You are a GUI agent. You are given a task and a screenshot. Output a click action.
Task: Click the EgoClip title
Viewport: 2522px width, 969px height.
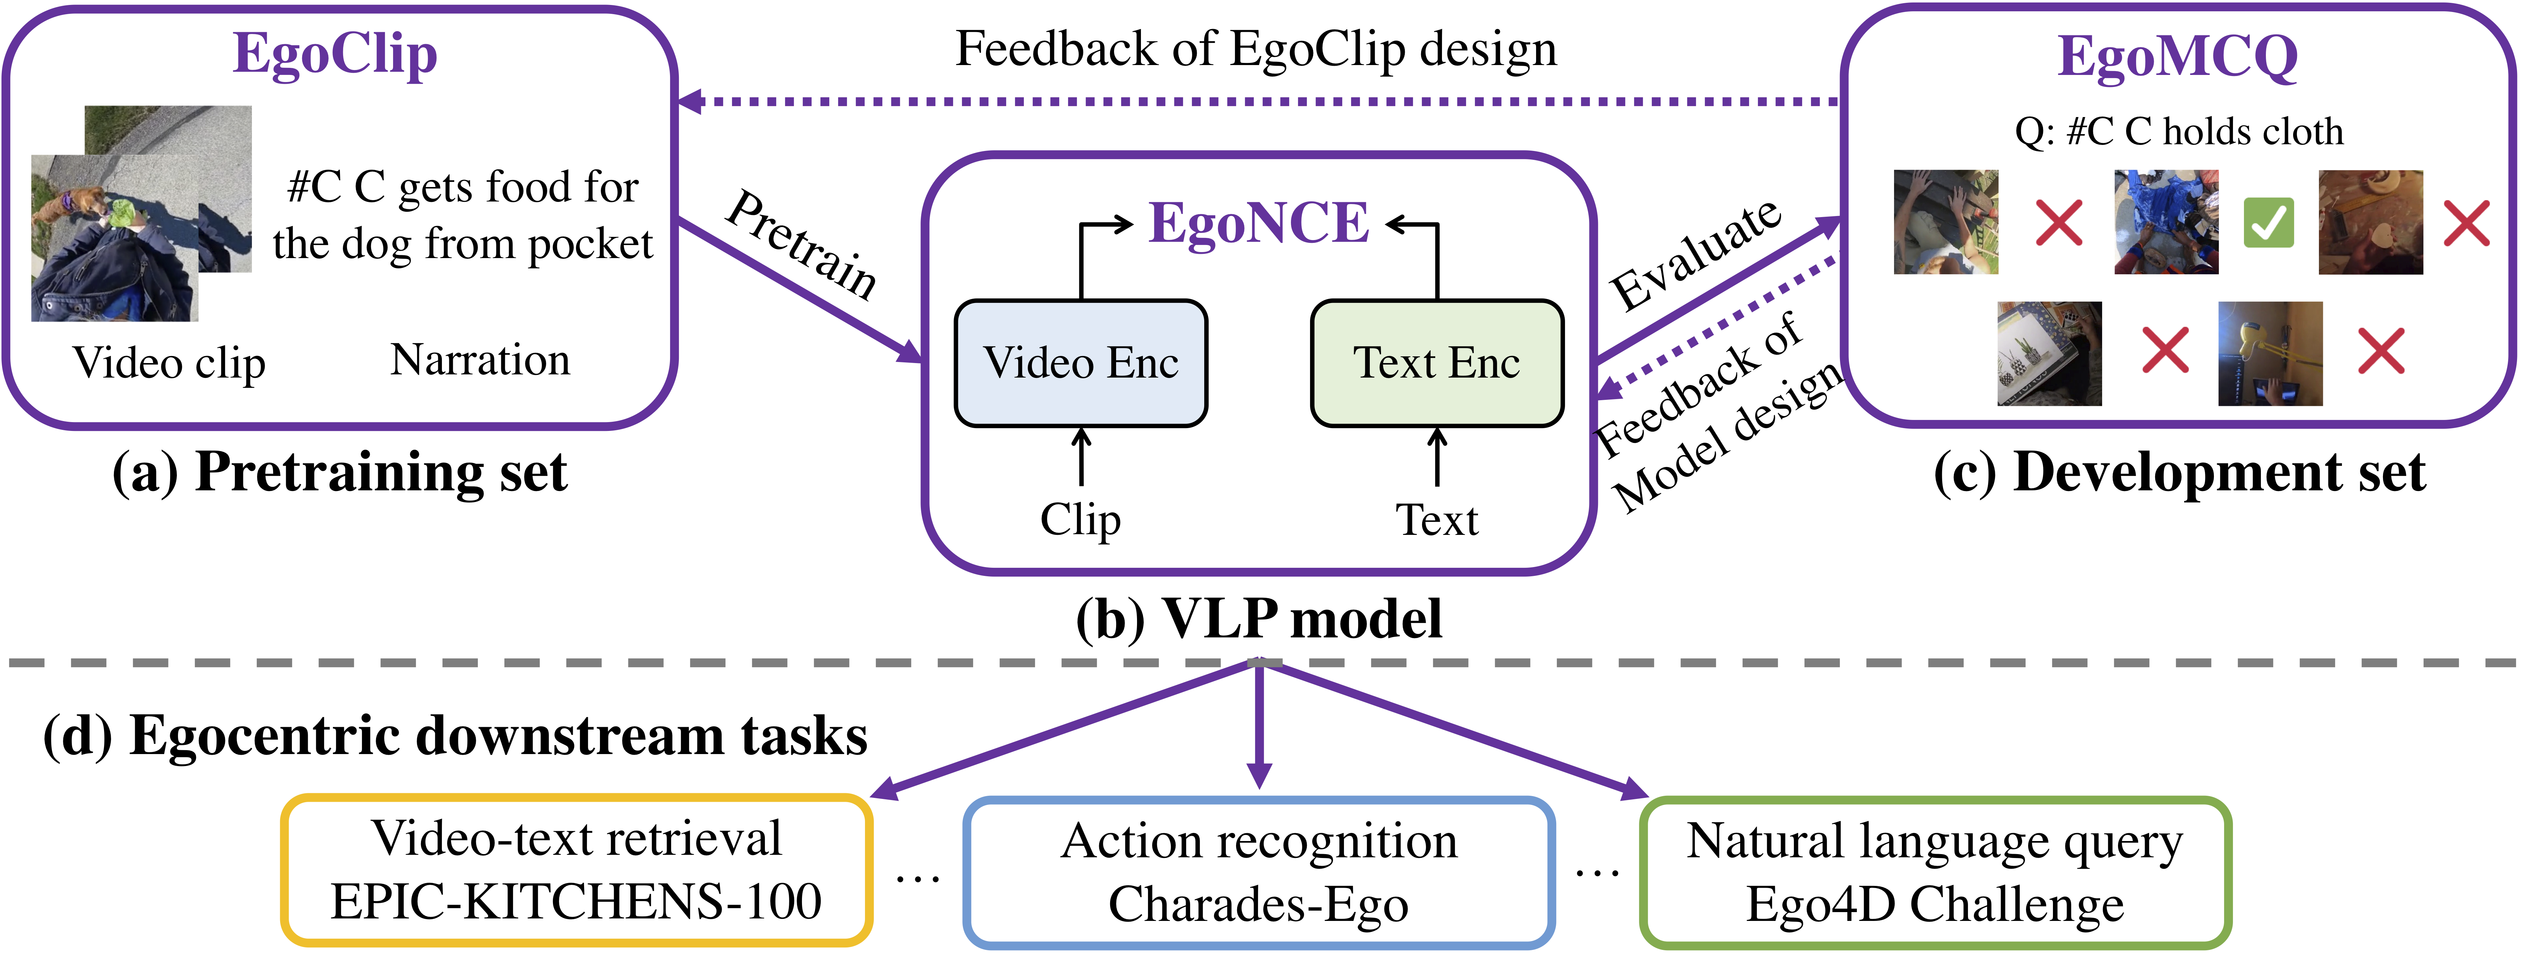click(335, 55)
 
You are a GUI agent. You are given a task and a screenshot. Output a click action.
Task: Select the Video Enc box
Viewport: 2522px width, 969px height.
click(1081, 363)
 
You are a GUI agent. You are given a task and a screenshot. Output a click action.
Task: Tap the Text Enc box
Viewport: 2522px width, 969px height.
click(1436, 363)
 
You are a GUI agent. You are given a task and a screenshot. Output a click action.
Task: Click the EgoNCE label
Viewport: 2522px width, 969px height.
click(1259, 223)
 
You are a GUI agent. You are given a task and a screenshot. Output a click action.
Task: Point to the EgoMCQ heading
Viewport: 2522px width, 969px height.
click(2177, 57)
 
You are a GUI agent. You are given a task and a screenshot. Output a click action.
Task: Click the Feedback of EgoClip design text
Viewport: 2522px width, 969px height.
click(1256, 49)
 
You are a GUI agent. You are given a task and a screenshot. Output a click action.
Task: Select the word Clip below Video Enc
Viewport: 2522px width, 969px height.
click(1081, 519)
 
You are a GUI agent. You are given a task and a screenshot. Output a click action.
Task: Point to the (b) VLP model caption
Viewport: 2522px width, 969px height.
click(1259, 619)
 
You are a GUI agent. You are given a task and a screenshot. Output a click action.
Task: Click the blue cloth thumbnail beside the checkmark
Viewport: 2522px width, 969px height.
click(2166, 222)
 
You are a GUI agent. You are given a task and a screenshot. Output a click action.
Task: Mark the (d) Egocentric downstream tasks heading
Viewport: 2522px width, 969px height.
click(455, 736)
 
